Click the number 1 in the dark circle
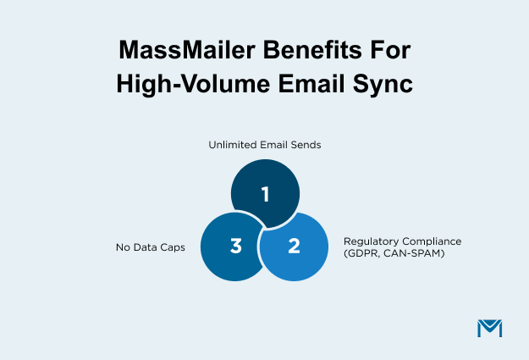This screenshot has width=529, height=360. tap(265, 194)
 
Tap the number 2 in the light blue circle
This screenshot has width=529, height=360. tap(294, 246)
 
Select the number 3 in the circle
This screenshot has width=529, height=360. tap(235, 246)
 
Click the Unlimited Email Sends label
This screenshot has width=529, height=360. tap(264, 145)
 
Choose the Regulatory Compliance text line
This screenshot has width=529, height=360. tap(401, 241)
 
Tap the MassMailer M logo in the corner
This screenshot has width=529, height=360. tap(489, 328)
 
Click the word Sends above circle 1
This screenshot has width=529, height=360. tap(304, 145)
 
